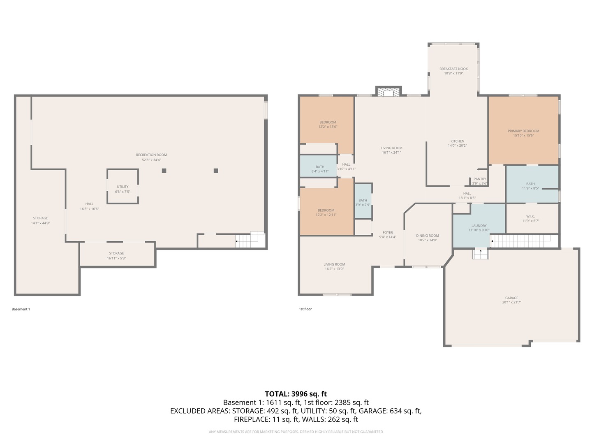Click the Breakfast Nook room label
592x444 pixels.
tap(453, 69)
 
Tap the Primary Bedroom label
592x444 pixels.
tap(523, 131)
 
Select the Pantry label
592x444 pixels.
tap(480, 179)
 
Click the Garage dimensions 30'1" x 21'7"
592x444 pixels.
tap(511, 303)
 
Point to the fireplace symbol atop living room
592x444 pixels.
tap(388, 92)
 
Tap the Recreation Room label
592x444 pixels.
tap(151, 155)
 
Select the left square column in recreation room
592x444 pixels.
tap(164, 171)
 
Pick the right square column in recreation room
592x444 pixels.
tap(216, 171)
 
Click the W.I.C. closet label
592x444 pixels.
tap(530, 216)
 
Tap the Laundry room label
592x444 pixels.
tap(479, 226)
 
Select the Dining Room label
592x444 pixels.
tap(428, 236)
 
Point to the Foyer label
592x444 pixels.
tap(388, 233)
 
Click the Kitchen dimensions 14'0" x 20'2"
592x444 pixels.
tap(457, 146)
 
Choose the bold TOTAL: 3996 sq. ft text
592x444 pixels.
tap(296, 394)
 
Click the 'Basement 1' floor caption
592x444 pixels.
tap(21, 309)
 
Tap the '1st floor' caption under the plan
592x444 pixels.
tap(305, 309)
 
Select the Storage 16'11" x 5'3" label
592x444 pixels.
tap(116, 256)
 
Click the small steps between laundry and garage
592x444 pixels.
tap(481, 254)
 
